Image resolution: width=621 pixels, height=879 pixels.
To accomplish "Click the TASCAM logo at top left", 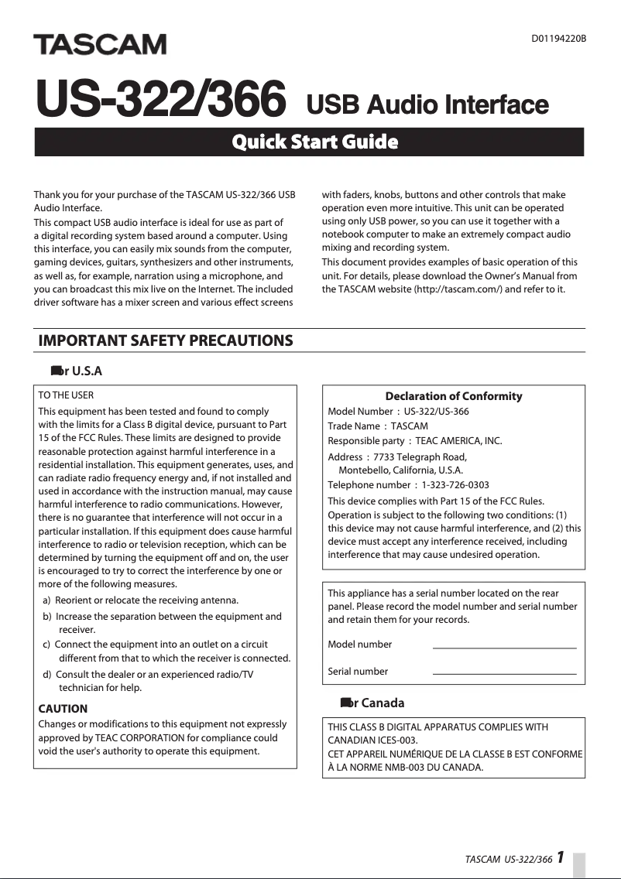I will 99,45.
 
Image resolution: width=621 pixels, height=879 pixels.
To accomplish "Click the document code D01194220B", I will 558,37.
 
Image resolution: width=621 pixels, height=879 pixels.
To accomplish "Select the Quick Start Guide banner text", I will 315,142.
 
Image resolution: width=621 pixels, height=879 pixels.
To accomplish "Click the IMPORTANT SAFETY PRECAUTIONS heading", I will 166,340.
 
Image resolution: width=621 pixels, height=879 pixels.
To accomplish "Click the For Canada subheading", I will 372,703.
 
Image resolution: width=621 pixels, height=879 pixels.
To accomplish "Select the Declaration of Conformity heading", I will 453,396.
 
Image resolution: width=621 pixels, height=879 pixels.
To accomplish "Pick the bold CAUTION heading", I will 63,709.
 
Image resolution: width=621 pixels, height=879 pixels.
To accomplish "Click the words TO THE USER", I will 66,395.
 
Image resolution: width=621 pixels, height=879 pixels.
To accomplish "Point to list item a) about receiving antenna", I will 151,600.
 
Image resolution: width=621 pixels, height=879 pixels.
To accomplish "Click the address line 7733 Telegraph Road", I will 420,457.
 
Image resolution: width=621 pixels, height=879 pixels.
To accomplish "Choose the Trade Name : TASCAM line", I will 378,426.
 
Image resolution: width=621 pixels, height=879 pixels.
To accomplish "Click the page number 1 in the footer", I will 559,857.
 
